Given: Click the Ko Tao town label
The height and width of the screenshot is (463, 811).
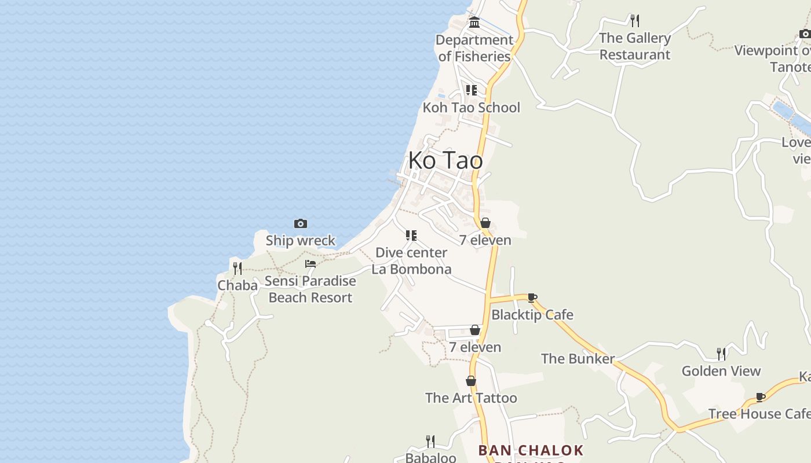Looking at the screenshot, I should pos(445,160).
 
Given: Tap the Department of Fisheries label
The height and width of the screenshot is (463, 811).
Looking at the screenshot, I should pos(474,48).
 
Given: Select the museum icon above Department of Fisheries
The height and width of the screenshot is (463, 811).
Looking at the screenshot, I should pos(474,23).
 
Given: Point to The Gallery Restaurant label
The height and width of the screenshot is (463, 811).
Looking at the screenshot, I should pos(635,46).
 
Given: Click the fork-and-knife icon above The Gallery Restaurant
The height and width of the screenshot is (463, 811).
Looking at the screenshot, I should pos(635,21).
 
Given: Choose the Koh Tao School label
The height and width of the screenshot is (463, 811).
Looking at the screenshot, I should pos(471,108).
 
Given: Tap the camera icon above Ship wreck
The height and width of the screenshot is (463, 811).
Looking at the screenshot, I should pos(300,223).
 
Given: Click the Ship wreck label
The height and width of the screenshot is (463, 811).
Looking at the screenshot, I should pos(300,241).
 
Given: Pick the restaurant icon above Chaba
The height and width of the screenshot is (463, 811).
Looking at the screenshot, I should pos(238,268).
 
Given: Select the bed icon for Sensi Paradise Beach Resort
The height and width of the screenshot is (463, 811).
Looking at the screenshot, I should pos(310,264).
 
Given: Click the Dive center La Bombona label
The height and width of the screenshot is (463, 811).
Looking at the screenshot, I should pos(411,261).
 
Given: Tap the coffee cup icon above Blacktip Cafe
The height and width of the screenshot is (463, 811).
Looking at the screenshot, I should pos(532,298).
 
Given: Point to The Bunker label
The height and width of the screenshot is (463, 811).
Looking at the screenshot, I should pos(578,359).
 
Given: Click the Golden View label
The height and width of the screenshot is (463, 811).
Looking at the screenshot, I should pos(721,371).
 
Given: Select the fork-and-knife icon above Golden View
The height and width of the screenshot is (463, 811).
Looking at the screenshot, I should pos(721,354).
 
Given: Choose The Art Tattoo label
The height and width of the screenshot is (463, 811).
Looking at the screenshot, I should pos(471,398).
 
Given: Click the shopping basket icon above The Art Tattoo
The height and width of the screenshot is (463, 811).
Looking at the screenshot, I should pos(471,381).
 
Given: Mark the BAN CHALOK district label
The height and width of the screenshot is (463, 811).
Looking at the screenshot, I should pos(531,450).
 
